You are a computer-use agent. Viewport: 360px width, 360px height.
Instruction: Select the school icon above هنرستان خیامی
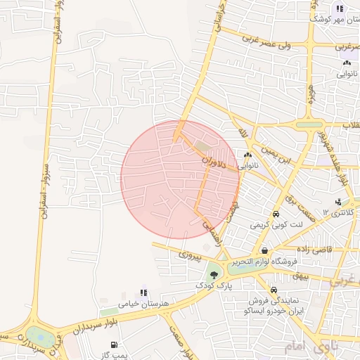coord(143,291)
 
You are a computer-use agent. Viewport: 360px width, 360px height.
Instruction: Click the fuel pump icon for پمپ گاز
coord(115,345)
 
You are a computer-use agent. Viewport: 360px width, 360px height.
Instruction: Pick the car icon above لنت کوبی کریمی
coord(276,214)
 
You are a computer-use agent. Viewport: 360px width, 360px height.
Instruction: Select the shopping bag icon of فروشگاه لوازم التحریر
coord(264,250)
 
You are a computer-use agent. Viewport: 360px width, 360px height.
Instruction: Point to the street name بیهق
coord(302,276)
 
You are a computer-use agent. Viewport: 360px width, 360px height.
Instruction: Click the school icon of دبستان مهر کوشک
coord(339,9)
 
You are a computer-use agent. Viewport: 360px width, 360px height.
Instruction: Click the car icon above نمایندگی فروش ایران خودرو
coord(274,290)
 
